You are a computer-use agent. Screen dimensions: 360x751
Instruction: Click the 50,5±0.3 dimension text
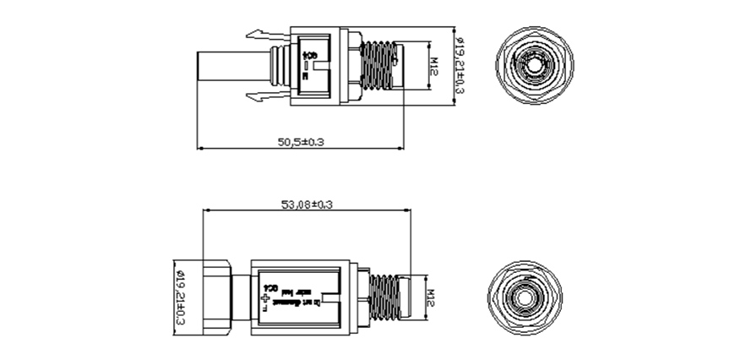(x=302, y=142)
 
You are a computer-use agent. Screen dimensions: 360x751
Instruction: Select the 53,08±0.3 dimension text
(x=307, y=205)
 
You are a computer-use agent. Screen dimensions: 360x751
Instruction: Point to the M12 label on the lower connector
(x=430, y=297)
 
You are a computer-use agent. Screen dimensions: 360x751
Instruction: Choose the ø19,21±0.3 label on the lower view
(x=179, y=296)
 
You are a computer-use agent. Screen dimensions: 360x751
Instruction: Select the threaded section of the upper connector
(x=378, y=67)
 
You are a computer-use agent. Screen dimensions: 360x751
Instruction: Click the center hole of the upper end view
(x=534, y=66)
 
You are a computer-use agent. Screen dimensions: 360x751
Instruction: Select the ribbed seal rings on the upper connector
(x=275, y=67)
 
